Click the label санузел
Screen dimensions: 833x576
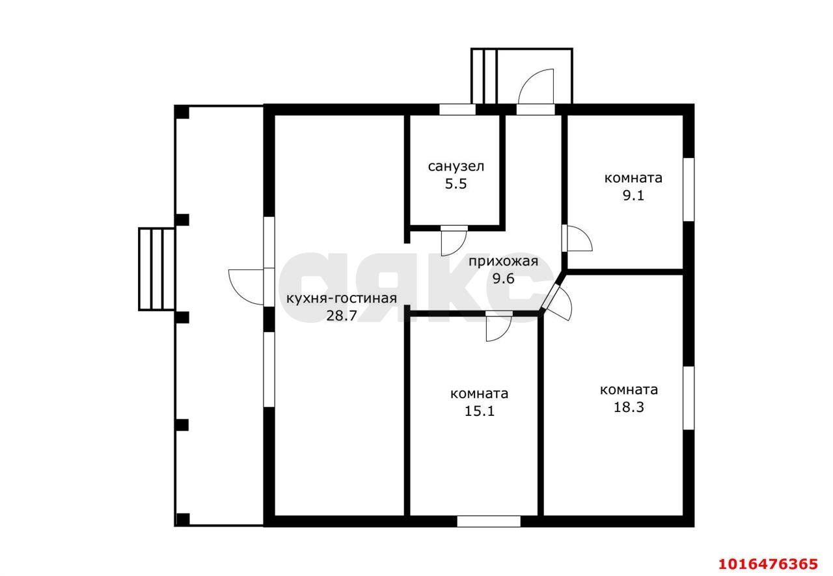click(456, 167)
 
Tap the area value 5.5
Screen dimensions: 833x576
click(456, 184)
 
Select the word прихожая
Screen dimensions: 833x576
click(503, 262)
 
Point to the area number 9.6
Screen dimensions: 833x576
click(504, 279)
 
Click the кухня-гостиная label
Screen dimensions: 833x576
click(342, 298)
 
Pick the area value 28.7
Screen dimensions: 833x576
click(342, 316)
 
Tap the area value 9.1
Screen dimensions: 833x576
click(633, 196)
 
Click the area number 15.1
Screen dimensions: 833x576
click(480, 411)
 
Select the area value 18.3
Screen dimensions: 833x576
click(629, 407)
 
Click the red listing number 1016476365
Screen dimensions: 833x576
click(769, 564)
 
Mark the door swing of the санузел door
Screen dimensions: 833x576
click(454, 243)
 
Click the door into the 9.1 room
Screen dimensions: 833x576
click(577, 238)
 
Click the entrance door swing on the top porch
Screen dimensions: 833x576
click(536, 87)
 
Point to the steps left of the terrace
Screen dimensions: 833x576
click(157, 269)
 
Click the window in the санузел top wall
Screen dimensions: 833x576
click(457, 109)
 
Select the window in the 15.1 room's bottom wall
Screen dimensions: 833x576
click(489, 521)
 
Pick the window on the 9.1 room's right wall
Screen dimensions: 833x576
click(689, 189)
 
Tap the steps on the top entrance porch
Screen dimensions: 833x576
click(484, 76)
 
